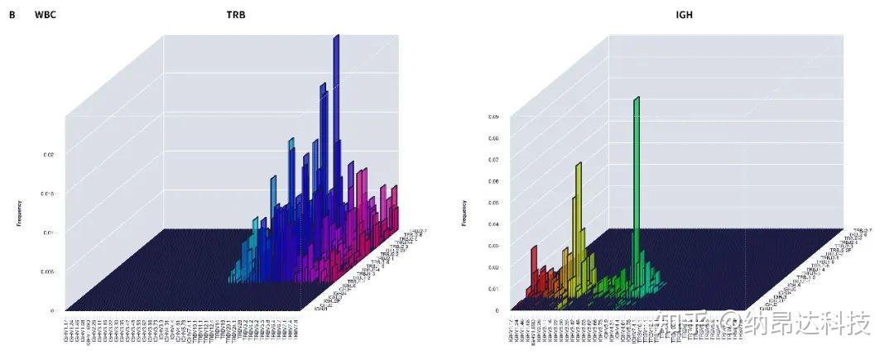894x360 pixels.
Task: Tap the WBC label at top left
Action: (46, 14)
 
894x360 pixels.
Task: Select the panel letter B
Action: (12, 14)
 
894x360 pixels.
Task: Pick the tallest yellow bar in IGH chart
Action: (579, 207)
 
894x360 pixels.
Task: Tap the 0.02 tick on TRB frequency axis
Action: (49, 155)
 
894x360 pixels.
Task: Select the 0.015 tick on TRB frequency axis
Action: (48, 194)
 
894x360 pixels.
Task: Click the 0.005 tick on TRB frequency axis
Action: (48, 271)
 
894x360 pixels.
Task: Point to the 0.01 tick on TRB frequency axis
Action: (49, 233)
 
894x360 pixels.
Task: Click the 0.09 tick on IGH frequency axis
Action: (493, 117)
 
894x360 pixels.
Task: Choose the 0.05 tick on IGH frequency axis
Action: (493, 203)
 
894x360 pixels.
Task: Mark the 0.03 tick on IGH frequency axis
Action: (493, 246)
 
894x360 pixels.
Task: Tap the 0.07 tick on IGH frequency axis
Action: (493, 160)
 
